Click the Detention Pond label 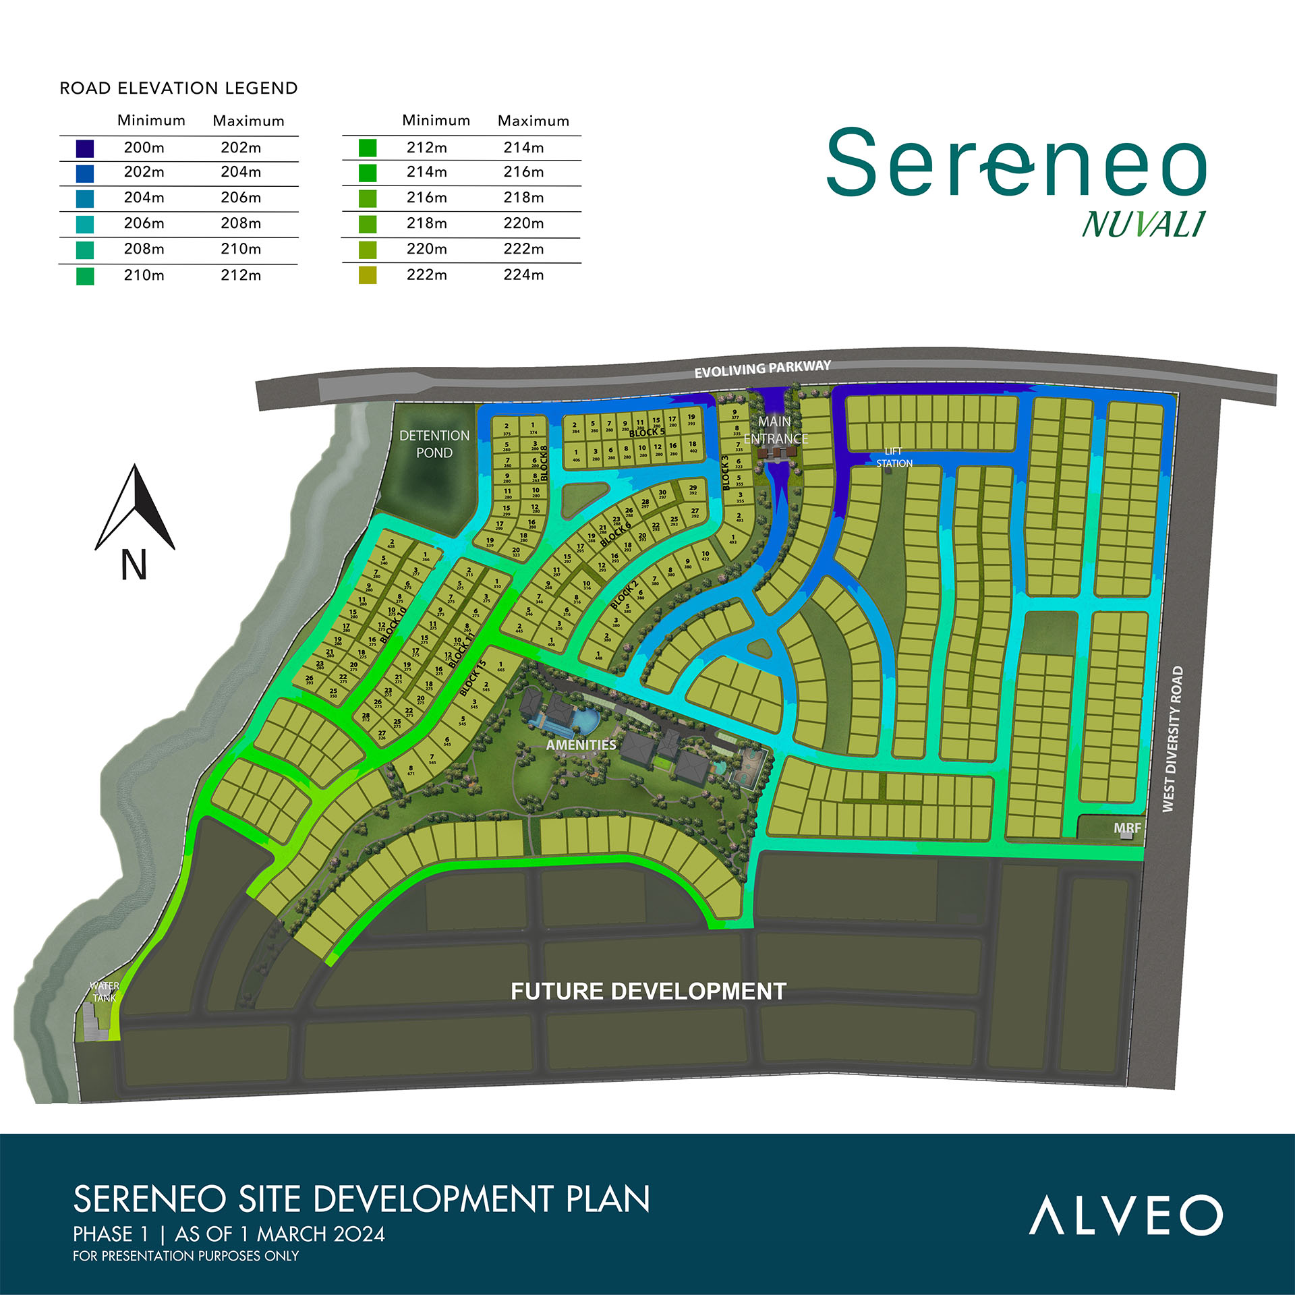pyautogui.click(x=434, y=444)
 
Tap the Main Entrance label pyautogui.click(x=775, y=430)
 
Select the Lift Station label pyautogui.click(x=894, y=457)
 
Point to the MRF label pyautogui.click(x=1127, y=828)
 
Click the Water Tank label pyautogui.click(x=105, y=991)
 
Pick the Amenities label pyautogui.click(x=581, y=745)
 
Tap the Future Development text pyautogui.click(x=648, y=991)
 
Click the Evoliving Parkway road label pyautogui.click(x=762, y=368)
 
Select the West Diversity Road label pyautogui.click(x=1172, y=739)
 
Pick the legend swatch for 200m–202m pyautogui.click(x=85, y=148)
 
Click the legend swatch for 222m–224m pyautogui.click(x=368, y=275)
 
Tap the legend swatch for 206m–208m pyautogui.click(x=85, y=224)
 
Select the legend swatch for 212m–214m pyautogui.click(x=368, y=148)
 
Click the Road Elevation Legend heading pyautogui.click(x=179, y=88)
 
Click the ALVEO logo pyautogui.click(x=1125, y=1215)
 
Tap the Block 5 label pyautogui.click(x=647, y=432)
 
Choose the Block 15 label pyautogui.click(x=473, y=678)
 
